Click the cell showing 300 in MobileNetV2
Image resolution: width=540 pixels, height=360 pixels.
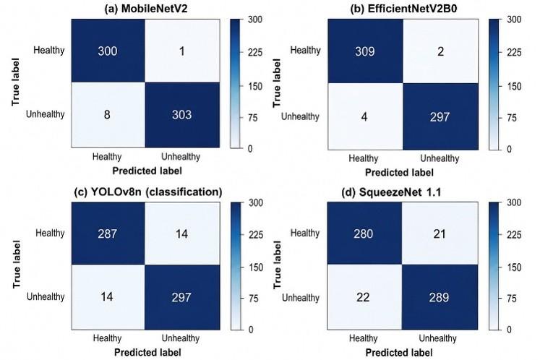click(x=108, y=51)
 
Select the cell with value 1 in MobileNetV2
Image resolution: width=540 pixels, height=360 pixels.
click(x=182, y=51)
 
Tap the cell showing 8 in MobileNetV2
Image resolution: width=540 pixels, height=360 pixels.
click(x=108, y=115)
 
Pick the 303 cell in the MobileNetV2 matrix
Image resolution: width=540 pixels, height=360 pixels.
click(x=182, y=115)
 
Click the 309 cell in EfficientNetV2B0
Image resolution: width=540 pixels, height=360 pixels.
click(x=365, y=51)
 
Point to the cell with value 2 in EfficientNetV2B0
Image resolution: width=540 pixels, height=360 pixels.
click(x=440, y=51)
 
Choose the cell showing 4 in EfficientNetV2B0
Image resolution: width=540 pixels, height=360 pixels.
click(x=365, y=116)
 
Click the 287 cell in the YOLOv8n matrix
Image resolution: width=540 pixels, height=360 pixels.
click(x=108, y=233)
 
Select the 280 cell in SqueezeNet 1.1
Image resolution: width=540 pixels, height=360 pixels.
click(x=364, y=233)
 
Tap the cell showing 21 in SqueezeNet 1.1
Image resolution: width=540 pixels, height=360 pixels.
click(x=440, y=233)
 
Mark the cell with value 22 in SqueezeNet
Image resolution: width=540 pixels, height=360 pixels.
click(x=364, y=297)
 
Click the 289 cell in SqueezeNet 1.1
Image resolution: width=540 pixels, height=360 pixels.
click(x=440, y=297)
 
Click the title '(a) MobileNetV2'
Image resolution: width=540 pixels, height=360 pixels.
click(x=146, y=9)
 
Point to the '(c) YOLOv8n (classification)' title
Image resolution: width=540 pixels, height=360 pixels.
click(x=148, y=192)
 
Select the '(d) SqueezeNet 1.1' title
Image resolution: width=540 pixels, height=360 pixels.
click(x=391, y=192)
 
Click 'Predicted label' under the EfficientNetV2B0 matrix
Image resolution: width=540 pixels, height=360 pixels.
click(x=399, y=172)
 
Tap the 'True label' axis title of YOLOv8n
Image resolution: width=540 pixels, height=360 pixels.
click(x=17, y=265)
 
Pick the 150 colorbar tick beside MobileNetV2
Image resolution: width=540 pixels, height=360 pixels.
click(x=255, y=86)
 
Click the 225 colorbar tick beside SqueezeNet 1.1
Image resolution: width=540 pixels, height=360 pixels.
click(x=514, y=235)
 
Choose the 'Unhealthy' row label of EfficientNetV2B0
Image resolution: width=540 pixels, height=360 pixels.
click(x=300, y=116)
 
